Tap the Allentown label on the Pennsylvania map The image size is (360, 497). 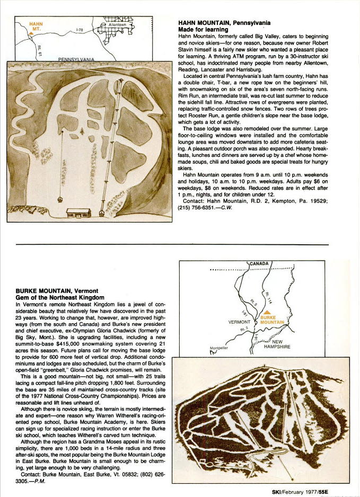(x=117, y=24)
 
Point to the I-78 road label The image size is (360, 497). (x=80, y=30)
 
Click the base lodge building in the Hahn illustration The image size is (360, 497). (x=77, y=212)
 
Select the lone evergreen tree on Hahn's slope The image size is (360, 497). (x=83, y=129)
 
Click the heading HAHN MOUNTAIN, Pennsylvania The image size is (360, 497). (x=224, y=23)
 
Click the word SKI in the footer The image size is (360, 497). (x=276, y=491)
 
